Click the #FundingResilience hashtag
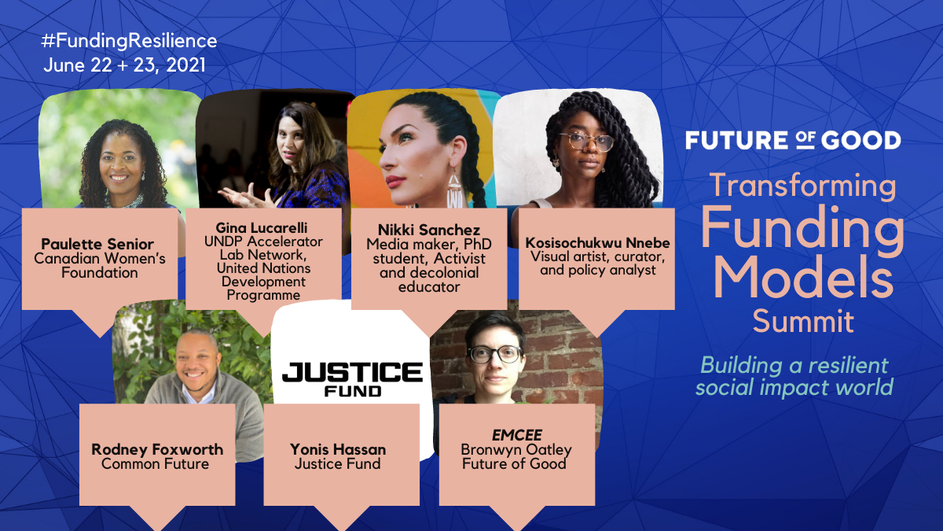tap(129, 41)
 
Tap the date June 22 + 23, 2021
tap(125, 65)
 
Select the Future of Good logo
tap(793, 140)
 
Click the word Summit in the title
tap(803, 322)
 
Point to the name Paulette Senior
tap(97, 244)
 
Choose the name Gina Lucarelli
tap(262, 227)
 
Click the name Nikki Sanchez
tap(429, 230)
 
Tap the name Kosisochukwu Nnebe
tap(597, 243)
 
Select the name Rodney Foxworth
tap(157, 450)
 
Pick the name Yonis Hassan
tap(338, 450)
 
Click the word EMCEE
tap(517, 435)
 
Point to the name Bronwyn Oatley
tap(516, 450)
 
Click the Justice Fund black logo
tap(352, 379)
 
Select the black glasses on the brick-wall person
tap(495, 355)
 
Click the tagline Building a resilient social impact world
tap(794, 376)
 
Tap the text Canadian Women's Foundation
tap(99, 266)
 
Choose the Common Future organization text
tap(155, 464)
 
